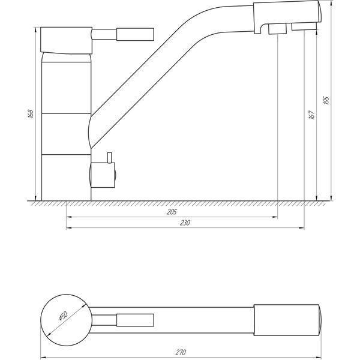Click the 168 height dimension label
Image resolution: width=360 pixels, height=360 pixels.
click(31, 114)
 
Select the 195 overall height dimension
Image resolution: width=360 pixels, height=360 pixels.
click(326, 101)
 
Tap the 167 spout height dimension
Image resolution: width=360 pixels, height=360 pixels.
click(311, 115)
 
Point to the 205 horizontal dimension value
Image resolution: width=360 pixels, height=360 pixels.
click(172, 212)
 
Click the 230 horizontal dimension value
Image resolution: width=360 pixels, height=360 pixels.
click(185, 223)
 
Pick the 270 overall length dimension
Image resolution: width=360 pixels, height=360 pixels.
click(181, 352)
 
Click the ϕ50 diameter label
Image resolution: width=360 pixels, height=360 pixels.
click(63, 316)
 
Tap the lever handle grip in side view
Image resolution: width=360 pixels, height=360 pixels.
click(135, 34)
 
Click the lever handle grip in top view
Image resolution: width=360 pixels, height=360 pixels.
click(135, 320)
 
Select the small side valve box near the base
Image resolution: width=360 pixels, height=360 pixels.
click(103, 175)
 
